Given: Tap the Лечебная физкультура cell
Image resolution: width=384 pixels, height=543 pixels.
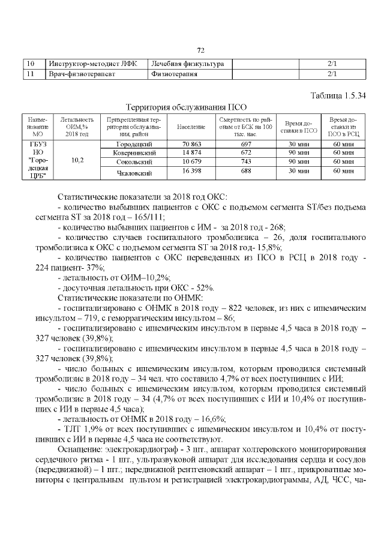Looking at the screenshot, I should coord(187,64).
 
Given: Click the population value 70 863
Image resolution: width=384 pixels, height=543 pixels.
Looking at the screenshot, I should coord(191,145).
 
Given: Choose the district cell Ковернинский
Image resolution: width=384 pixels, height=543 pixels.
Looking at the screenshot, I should coord(133,154).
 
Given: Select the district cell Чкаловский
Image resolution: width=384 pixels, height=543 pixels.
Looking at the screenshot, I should coord(133,173).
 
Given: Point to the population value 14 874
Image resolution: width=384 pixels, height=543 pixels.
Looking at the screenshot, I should coord(191,154).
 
